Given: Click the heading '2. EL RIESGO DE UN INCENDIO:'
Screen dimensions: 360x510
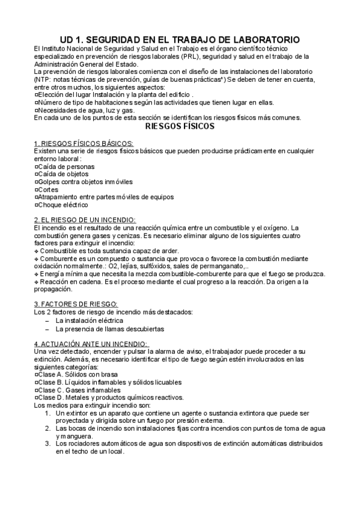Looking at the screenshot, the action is tap(85, 220).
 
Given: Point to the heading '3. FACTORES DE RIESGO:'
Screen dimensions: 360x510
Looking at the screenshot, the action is tap(76, 304).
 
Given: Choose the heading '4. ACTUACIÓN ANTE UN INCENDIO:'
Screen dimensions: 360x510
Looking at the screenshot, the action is tap(91, 343).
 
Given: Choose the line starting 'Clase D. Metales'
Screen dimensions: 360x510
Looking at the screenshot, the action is tap(117, 398).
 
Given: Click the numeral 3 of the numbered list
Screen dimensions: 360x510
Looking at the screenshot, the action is tap(47, 443).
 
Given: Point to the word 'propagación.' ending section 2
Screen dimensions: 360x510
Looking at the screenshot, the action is tap(54, 289).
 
